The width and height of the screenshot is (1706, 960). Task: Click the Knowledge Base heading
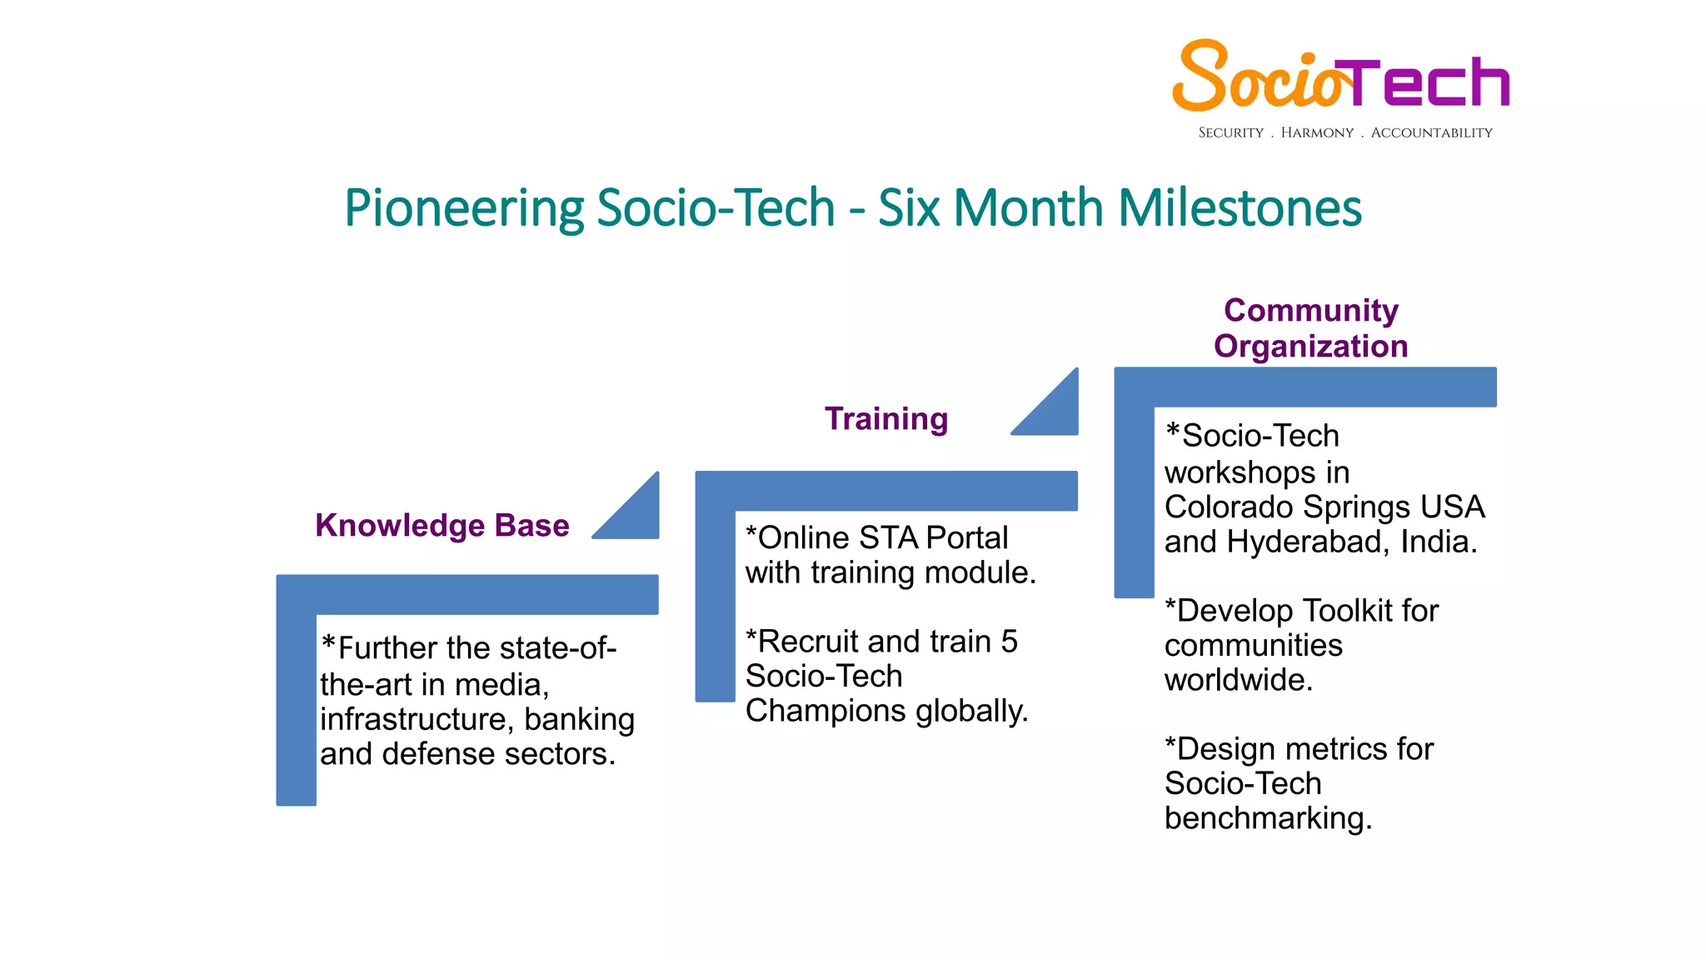coord(442,526)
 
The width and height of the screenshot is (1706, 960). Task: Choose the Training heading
coord(885,419)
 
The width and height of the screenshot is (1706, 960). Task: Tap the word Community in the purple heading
coord(1310,311)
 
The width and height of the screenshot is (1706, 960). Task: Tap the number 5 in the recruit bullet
coord(1009,642)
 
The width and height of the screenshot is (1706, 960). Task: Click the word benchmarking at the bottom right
coord(1267,818)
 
